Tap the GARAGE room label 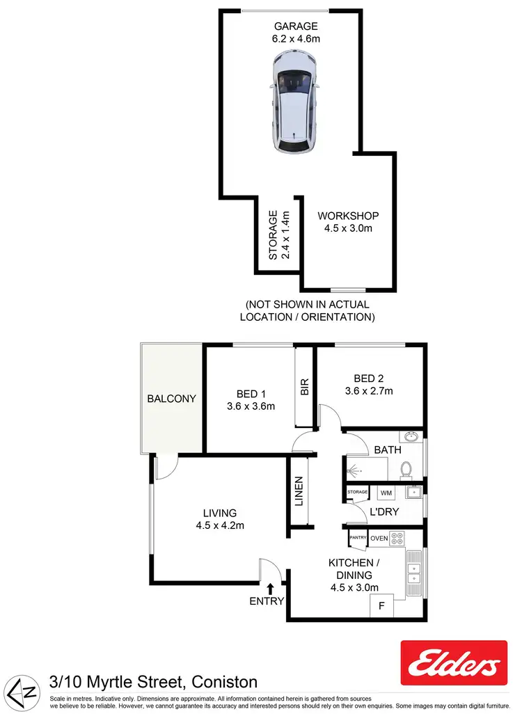tap(295, 27)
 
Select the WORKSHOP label tap(348, 216)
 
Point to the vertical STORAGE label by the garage tap(274, 235)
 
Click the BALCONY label tap(171, 399)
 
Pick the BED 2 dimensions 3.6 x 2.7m tap(368, 391)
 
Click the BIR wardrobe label tap(304, 387)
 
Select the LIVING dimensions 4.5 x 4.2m tap(220, 525)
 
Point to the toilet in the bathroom tap(407, 470)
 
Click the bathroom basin tap(411, 438)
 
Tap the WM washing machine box tap(386, 493)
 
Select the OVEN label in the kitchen tap(379, 538)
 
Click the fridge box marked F tap(381, 606)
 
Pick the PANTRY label tap(358, 538)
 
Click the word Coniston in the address tap(221, 682)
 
